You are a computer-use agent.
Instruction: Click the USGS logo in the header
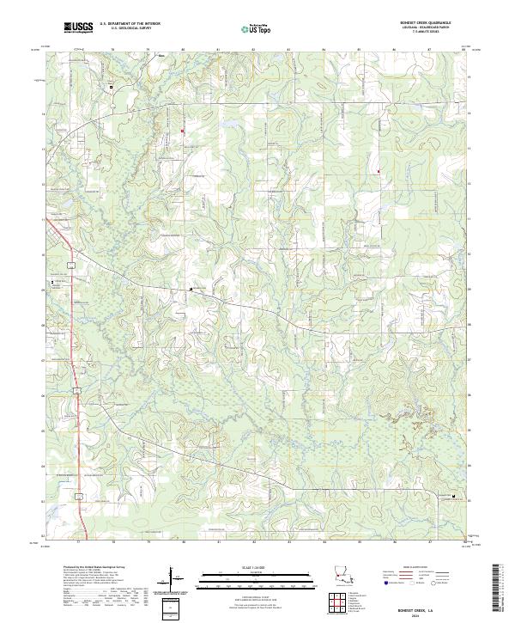tap(78, 27)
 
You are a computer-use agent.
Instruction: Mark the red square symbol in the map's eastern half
tap(378, 170)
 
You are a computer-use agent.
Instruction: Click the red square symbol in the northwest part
tap(182, 131)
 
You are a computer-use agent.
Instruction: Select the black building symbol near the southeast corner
tap(455, 496)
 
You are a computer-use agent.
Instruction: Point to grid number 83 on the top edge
tap(288, 51)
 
